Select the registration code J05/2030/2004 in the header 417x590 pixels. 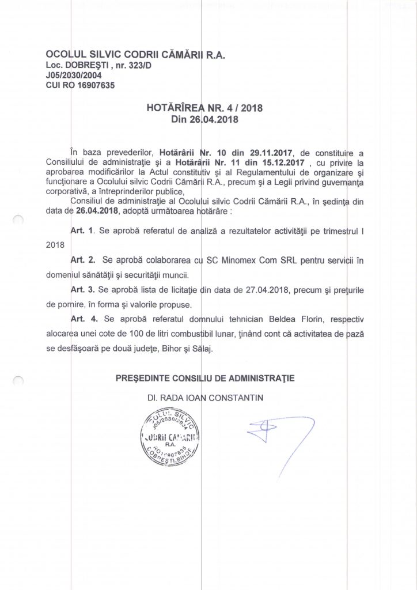(74, 74)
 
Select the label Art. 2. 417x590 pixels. (81, 260)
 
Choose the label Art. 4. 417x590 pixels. (81, 319)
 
